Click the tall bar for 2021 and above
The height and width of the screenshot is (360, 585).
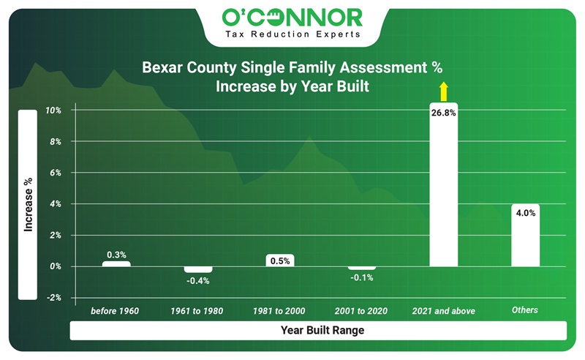pos(443,190)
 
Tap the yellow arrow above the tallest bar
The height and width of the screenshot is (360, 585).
pos(442,91)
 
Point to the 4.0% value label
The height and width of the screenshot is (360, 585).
pos(525,214)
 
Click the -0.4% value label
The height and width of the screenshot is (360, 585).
pos(197,281)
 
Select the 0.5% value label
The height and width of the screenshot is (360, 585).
pos(279,260)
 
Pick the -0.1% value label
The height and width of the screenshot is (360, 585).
pos(361,278)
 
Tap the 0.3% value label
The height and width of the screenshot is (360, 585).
pos(116,255)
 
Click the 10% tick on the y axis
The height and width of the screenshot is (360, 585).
pos(53,110)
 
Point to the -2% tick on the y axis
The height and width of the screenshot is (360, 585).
pos(53,298)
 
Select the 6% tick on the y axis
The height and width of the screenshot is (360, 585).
pos(54,173)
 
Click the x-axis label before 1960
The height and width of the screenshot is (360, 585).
pos(115,311)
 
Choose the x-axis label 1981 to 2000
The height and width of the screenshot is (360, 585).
pos(279,311)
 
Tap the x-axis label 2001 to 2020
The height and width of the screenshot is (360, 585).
pos(361,311)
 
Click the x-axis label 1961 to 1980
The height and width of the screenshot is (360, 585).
pos(197,311)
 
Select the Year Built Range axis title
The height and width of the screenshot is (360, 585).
pos(322,331)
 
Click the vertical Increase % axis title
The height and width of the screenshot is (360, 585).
pos(28,205)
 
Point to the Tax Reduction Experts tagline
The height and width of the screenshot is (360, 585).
pos(293,34)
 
